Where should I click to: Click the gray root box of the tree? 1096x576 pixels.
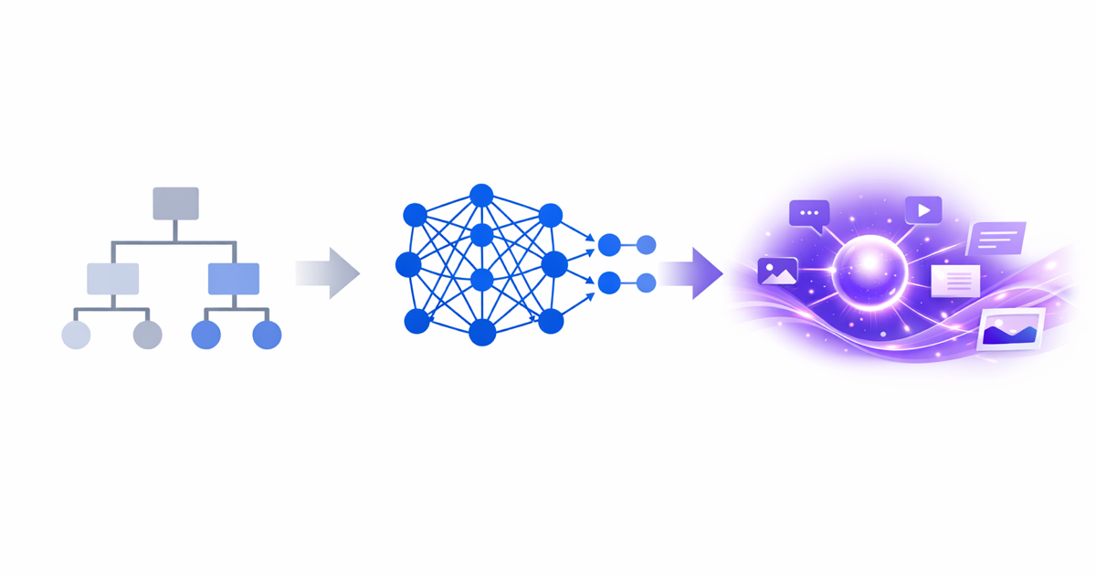[x=175, y=203]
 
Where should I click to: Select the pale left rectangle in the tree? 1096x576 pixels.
[x=112, y=278]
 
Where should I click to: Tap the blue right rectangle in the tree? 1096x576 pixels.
[x=234, y=278]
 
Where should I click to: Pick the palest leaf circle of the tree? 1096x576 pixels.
[x=76, y=335]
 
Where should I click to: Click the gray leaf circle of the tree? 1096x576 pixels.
[x=147, y=335]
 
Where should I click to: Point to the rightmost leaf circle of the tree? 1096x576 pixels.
[x=267, y=335]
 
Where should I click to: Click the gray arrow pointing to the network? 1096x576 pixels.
[x=329, y=272]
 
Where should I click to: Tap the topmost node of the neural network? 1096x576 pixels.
[x=481, y=195]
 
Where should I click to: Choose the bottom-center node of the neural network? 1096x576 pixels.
[x=482, y=332]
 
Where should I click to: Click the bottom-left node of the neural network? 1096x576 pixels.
[x=416, y=321]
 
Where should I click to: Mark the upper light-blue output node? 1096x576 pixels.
[x=646, y=245]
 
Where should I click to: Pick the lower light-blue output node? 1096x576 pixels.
[x=646, y=283]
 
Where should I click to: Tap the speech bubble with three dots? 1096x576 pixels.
[x=809, y=214]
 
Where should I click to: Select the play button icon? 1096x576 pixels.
[x=923, y=210]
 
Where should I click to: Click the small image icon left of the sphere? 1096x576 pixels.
[x=777, y=271]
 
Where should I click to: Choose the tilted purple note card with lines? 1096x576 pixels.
[x=996, y=240]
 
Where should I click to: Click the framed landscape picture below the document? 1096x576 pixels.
[x=1011, y=330]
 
